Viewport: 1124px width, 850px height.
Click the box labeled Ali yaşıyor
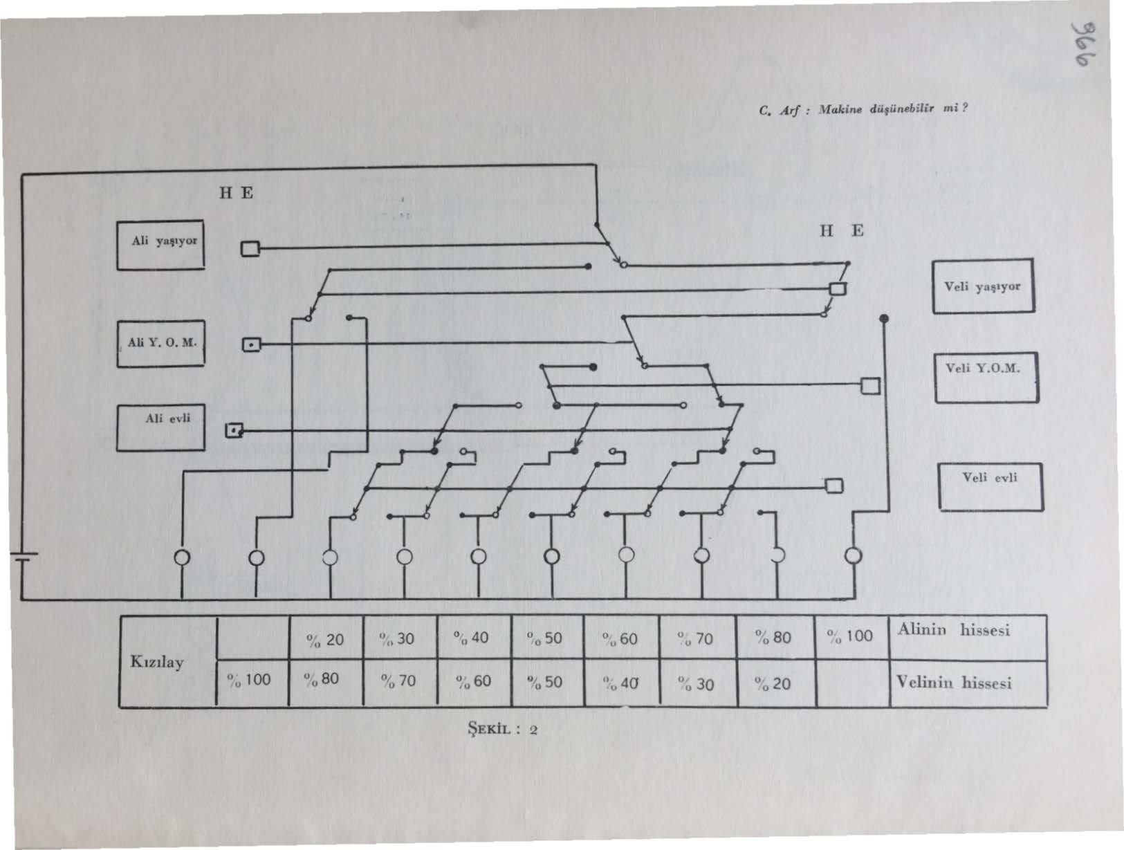[x=160, y=245]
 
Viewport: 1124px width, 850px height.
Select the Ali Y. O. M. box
[x=160, y=344]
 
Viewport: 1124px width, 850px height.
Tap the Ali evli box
[x=160, y=427]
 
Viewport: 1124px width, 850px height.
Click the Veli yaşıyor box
[x=983, y=286]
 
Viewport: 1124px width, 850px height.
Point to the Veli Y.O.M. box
[x=986, y=378]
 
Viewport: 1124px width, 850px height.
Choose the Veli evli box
[x=991, y=486]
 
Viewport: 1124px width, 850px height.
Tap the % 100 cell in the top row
[x=851, y=638]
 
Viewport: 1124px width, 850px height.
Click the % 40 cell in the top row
[x=475, y=638]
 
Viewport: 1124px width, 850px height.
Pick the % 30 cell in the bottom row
[x=698, y=683]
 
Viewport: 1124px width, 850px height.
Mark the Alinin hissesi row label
[x=953, y=630]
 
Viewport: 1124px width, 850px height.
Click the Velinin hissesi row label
[x=953, y=683]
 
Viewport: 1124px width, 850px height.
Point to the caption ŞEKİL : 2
[x=502, y=729]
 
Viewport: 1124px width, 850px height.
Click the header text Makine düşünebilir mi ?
[x=892, y=109]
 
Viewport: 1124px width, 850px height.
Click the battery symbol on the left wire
[x=24, y=556]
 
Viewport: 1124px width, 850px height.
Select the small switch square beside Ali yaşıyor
[x=250, y=249]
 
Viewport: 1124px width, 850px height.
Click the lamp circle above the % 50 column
[x=551, y=556]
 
